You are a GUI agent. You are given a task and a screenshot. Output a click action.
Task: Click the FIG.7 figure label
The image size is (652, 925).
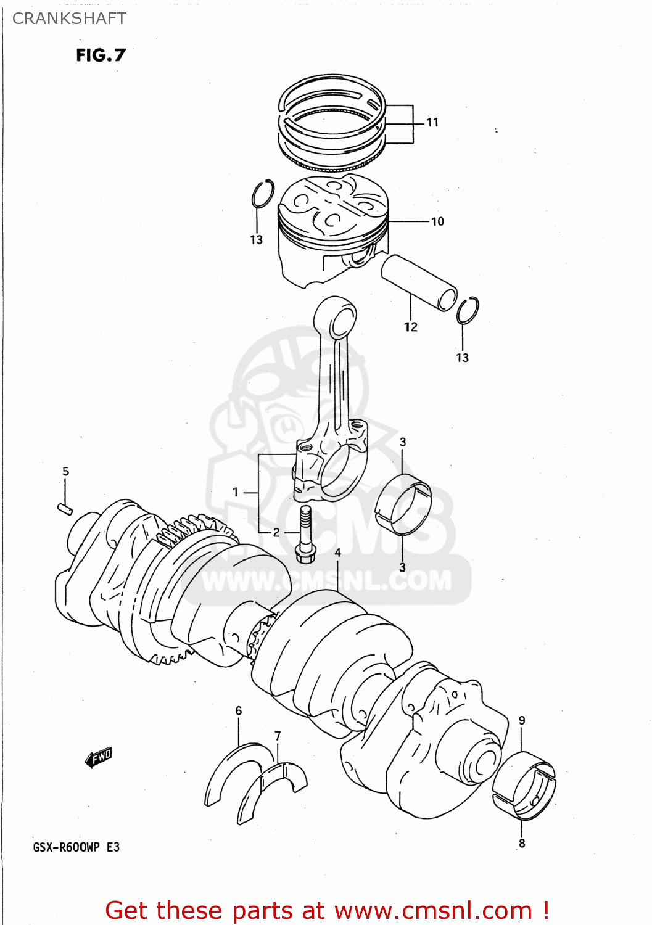coord(101,55)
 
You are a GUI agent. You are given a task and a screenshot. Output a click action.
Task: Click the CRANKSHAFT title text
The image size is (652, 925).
coord(69,18)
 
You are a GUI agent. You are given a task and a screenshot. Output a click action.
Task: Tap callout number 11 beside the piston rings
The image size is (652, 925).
coord(432,123)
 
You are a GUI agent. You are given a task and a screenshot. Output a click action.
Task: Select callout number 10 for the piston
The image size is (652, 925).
coord(437,221)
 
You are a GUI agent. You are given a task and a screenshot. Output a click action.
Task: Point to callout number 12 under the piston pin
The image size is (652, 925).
coord(411,327)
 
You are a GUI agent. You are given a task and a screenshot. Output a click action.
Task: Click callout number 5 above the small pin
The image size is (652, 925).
coord(65,472)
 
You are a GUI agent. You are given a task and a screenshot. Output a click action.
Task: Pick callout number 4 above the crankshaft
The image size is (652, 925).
coord(337,553)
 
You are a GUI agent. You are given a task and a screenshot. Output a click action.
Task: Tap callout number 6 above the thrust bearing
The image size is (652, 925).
coord(239,711)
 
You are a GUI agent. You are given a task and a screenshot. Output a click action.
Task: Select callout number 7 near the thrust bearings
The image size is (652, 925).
coord(278,736)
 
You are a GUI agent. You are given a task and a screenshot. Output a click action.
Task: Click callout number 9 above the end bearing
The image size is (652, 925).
coord(522,720)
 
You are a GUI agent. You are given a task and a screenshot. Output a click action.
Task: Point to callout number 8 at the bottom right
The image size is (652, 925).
coord(522,843)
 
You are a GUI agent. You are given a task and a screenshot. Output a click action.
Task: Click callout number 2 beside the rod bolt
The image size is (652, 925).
coord(276,532)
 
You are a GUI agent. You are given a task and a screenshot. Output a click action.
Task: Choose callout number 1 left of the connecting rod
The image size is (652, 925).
coord(235,492)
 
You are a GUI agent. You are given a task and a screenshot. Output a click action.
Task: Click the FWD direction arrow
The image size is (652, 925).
coord(99,757)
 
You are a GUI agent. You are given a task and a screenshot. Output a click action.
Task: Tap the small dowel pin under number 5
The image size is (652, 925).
coord(65,509)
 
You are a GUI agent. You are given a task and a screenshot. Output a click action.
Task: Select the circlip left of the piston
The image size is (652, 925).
coord(262,194)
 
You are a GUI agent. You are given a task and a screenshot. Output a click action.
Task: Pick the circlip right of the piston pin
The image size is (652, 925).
coord(468,310)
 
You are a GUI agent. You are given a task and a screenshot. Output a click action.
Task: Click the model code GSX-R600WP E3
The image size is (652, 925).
coord(76,847)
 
